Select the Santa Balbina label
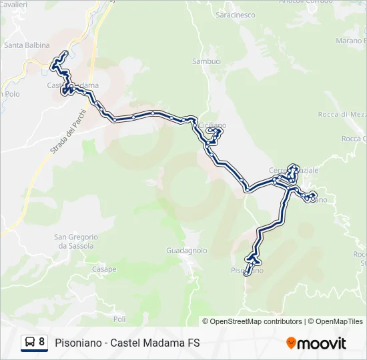[27, 45]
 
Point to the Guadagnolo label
[186, 251]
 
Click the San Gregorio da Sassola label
[76, 241]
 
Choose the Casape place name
[104, 269]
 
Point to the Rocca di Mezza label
[342, 114]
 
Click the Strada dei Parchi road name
[66, 146]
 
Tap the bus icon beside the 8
[29, 343]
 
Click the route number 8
[42, 343]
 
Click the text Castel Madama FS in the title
[156, 343]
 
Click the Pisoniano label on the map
[247, 270]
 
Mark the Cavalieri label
[14, 4]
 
